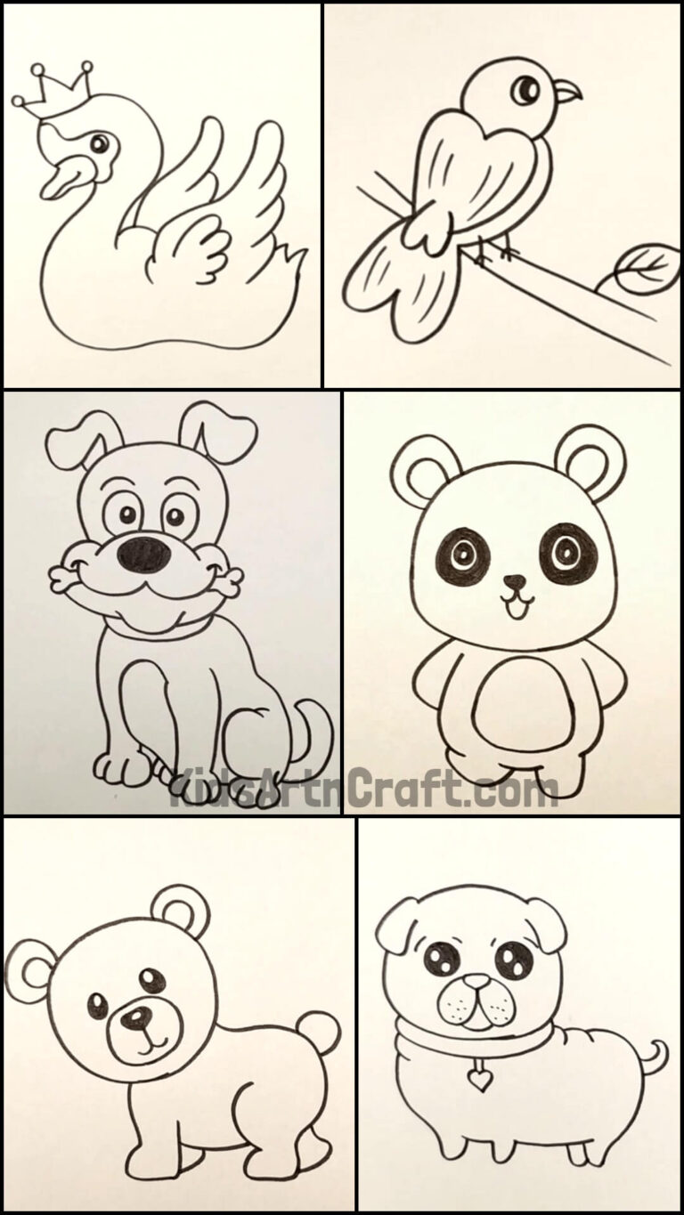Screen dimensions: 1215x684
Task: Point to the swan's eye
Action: pos(100,142)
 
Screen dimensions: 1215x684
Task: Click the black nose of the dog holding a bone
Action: pos(143,554)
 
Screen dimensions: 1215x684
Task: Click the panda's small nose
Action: pos(514,583)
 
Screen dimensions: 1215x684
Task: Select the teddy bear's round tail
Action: pos(319,1033)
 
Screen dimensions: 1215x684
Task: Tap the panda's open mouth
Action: pos(514,607)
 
